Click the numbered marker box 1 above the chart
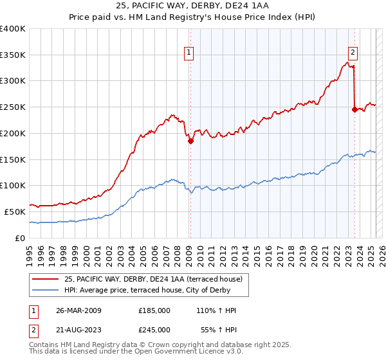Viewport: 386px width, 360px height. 190,53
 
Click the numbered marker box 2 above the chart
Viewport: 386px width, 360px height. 354,53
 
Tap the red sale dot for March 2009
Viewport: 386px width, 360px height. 190,141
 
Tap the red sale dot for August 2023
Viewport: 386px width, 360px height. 354,110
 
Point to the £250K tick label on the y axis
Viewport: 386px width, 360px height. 13,107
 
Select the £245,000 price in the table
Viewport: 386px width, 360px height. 154,329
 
